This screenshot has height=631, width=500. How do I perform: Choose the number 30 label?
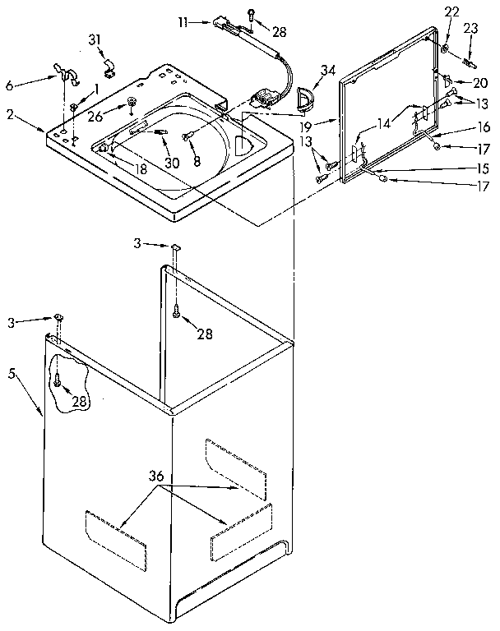pos(172,162)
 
